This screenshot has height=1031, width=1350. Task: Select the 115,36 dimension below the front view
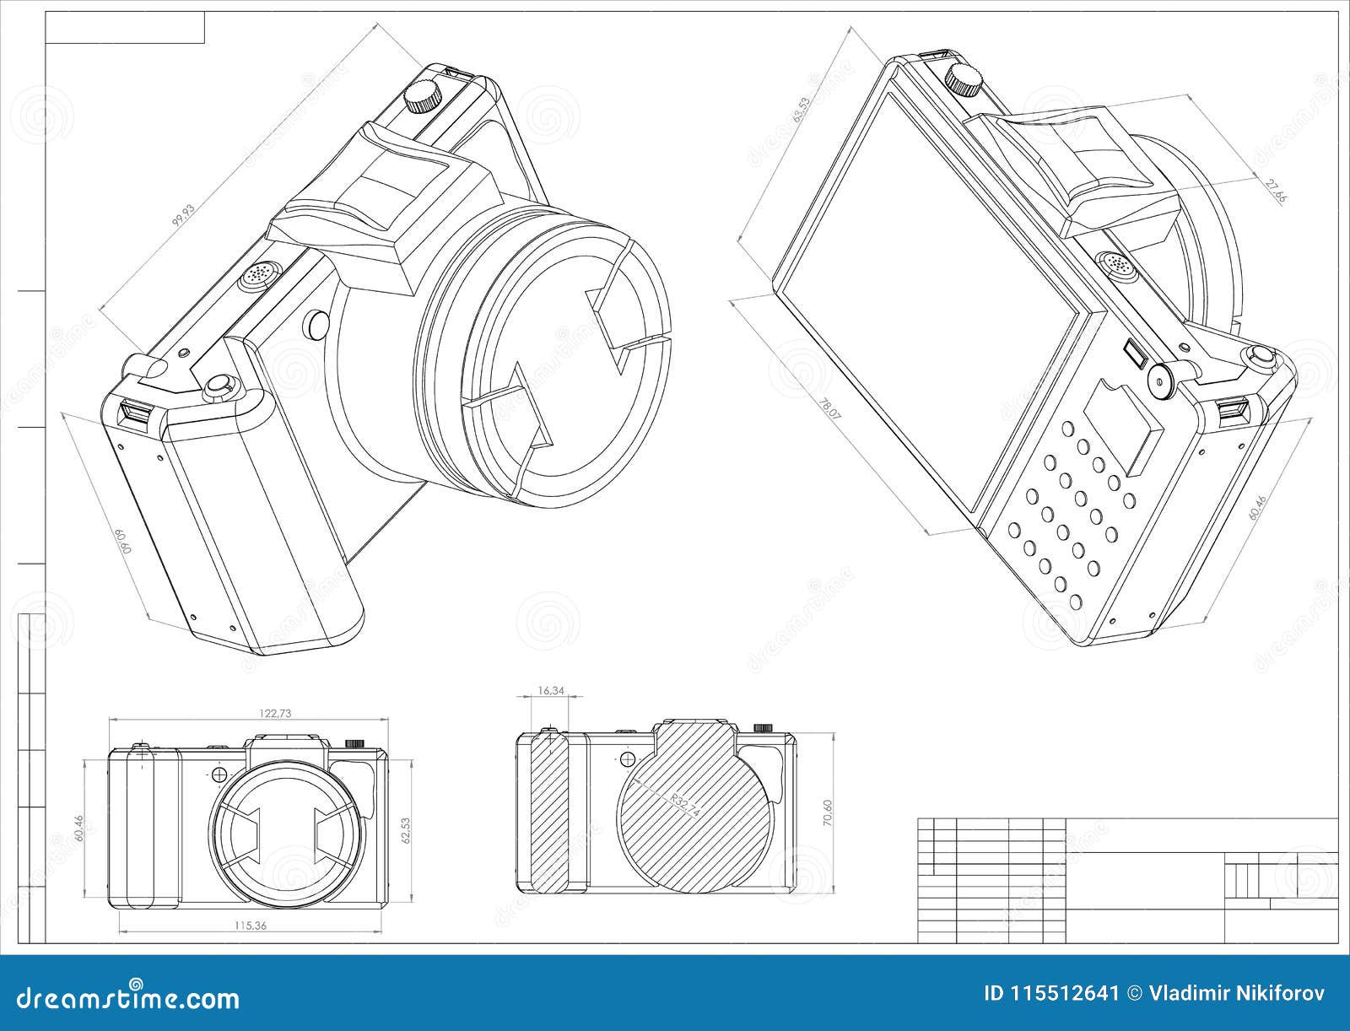click(x=251, y=926)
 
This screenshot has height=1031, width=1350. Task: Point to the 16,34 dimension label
click(x=550, y=691)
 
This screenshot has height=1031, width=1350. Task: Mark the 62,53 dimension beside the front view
click(x=406, y=830)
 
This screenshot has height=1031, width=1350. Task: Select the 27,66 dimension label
click(x=1277, y=192)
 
